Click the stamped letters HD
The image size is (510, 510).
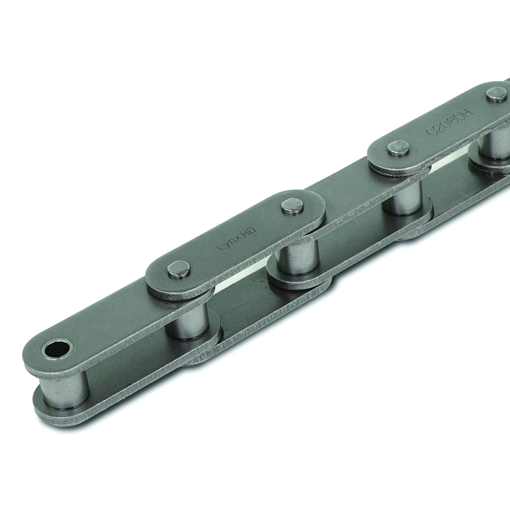(249, 229)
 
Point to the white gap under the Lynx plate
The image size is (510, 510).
(241, 279)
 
